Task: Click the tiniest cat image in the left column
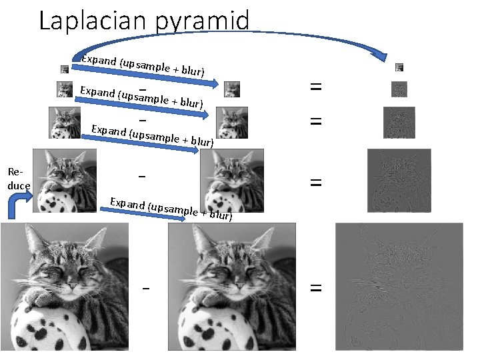[x=65, y=69]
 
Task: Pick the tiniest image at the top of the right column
[x=399, y=67]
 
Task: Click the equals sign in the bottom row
[x=316, y=288]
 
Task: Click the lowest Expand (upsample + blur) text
[x=171, y=208]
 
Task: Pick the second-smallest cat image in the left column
[x=65, y=89]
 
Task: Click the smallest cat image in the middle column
[x=232, y=89]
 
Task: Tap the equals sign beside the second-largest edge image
[x=316, y=181]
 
